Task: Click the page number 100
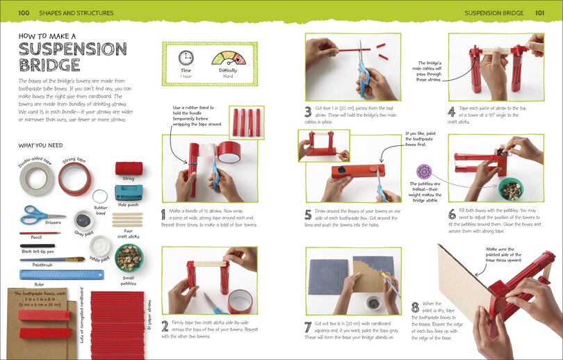pyautogui.click(x=24, y=13)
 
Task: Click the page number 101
pyautogui.click(x=539, y=13)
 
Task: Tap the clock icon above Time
pyautogui.click(x=186, y=58)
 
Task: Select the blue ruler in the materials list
pyautogui.click(x=51, y=275)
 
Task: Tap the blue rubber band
pyautogui.click(x=101, y=195)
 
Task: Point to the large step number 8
pyautogui.click(x=415, y=306)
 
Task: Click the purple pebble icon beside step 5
pyautogui.click(x=423, y=172)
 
